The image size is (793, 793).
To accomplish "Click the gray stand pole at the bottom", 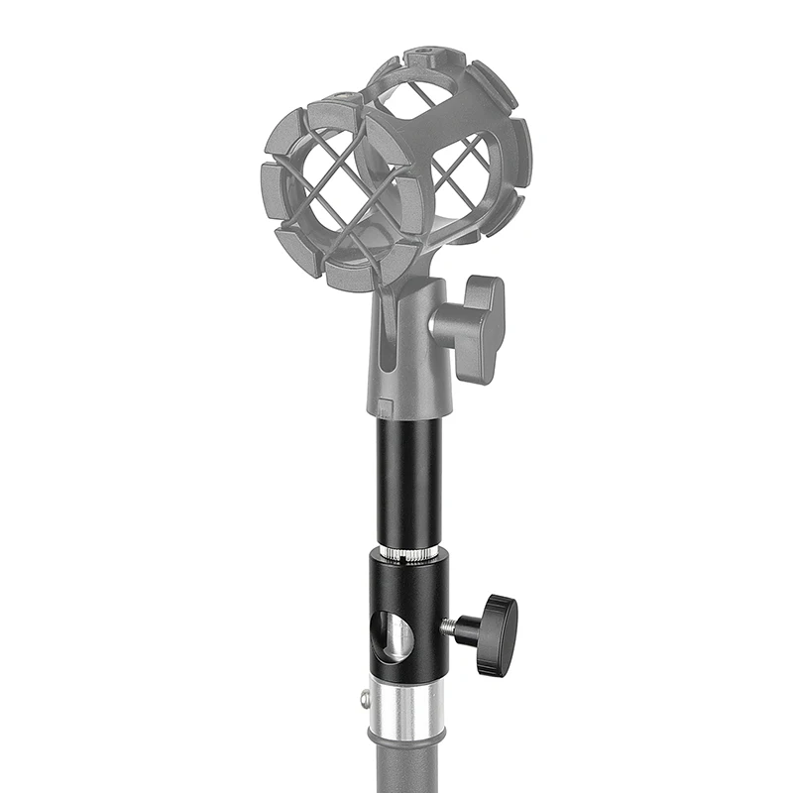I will (x=406, y=763).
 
